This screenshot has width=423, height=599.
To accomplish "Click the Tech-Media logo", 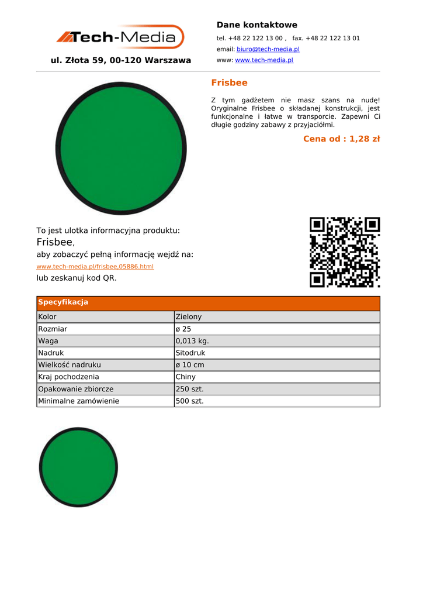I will click(x=120, y=37).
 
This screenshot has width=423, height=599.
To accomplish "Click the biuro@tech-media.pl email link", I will click(x=268, y=49).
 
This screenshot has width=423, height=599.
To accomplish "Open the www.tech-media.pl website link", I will click(x=263, y=60).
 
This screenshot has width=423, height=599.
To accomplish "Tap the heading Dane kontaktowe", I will click(x=256, y=25).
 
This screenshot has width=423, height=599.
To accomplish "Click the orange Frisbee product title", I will click(x=229, y=83).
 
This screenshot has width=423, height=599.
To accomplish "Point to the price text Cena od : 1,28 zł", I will click(x=341, y=139).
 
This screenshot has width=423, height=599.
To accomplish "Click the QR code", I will click(x=345, y=252).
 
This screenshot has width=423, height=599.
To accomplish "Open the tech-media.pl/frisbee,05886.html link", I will click(x=95, y=267).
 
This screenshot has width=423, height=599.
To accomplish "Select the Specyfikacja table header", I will click(x=63, y=302).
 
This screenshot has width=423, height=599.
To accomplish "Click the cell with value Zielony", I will click(x=188, y=317).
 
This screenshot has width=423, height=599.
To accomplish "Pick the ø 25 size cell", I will click(x=183, y=329).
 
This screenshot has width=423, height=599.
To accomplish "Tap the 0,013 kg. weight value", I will click(x=192, y=341).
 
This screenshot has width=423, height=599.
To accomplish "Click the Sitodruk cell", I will click(x=190, y=353).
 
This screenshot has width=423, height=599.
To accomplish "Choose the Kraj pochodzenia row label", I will click(x=69, y=377).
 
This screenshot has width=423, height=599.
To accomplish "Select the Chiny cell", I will click(x=186, y=377).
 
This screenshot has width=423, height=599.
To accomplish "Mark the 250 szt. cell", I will click(x=189, y=389).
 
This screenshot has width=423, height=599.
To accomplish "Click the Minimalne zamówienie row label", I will click(x=79, y=401).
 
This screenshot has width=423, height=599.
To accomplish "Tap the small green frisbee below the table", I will click(x=78, y=467).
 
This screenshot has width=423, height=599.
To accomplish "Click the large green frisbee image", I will click(x=121, y=149).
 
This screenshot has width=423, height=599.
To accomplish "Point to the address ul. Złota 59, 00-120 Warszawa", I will click(x=121, y=61).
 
